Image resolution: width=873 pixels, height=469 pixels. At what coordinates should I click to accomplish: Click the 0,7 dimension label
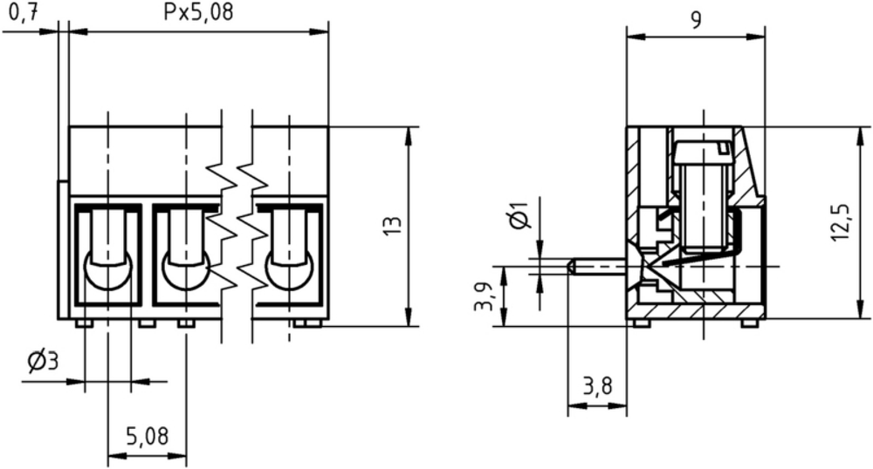click(x=24, y=12)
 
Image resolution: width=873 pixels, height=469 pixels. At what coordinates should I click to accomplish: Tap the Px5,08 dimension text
click(x=197, y=11)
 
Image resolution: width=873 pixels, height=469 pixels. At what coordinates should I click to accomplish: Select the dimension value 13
click(x=393, y=226)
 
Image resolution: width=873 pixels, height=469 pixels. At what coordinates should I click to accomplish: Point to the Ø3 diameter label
click(x=43, y=363)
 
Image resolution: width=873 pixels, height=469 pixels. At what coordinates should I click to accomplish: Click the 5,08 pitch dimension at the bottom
click(x=147, y=436)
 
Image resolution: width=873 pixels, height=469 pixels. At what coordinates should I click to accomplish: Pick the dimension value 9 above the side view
click(x=696, y=20)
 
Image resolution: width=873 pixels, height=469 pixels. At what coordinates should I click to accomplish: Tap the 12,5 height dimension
click(x=840, y=222)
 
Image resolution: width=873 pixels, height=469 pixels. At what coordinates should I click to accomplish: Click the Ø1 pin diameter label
click(x=519, y=215)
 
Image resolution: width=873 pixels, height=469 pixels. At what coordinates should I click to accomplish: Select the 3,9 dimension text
click(x=483, y=296)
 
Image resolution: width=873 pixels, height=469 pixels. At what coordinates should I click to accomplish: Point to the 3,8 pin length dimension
click(x=597, y=385)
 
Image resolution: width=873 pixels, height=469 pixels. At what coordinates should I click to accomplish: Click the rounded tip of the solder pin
click(x=571, y=267)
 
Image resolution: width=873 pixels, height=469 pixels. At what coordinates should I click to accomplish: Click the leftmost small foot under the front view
click(x=83, y=323)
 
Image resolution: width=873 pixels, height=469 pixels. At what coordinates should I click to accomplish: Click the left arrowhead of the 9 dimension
click(x=636, y=37)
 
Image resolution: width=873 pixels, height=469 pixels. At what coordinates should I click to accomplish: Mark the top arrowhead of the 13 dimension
click(x=409, y=136)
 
